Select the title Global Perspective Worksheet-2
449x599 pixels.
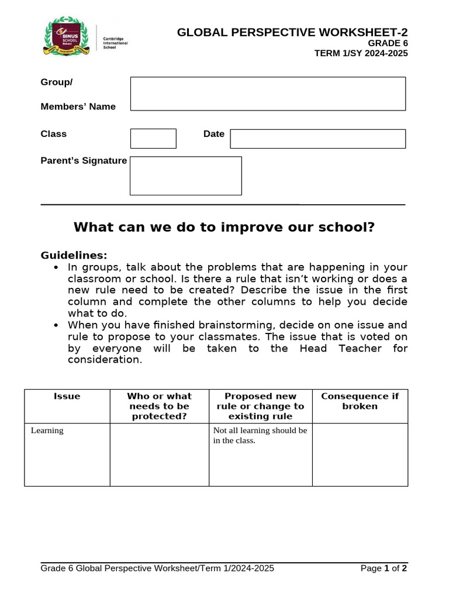point(292,33)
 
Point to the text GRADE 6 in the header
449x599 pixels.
point(388,43)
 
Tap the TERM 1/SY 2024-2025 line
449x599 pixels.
point(361,53)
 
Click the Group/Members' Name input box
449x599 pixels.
point(268,94)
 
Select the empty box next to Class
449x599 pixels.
point(153,139)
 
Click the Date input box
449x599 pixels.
point(317,139)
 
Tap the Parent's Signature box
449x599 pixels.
point(185,175)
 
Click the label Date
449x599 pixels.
point(213,134)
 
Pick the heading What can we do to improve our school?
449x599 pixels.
point(224,227)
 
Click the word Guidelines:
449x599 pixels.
point(74,255)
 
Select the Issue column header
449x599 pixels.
point(67,396)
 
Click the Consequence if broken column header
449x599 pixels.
point(360,401)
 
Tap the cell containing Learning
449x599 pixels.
point(67,454)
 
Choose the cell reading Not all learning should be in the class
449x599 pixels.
point(260,454)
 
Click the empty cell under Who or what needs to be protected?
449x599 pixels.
point(159,454)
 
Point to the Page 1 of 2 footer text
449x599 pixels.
point(384,568)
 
